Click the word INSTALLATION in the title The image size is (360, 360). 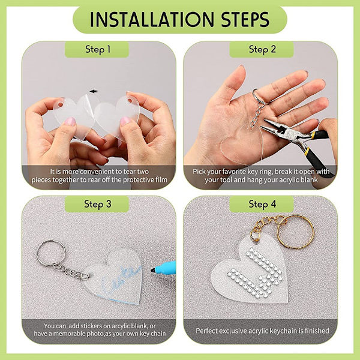tap(152, 19)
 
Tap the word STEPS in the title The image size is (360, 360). tap(245, 19)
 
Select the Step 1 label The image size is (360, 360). tap(98, 50)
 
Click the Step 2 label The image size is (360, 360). tap(262, 50)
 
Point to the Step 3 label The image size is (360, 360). tap(98, 204)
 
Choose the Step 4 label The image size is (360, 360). tap(262, 204)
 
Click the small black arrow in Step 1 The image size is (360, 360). tap(94, 91)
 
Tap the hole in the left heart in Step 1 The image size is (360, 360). tap(61, 104)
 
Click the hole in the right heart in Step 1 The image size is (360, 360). tap(130, 100)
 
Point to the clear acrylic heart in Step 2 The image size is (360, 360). tap(242, 145)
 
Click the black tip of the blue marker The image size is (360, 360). tap(152, 270)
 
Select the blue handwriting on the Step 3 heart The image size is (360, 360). tap(119, 279)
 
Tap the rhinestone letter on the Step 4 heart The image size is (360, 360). tap(254, 271)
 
